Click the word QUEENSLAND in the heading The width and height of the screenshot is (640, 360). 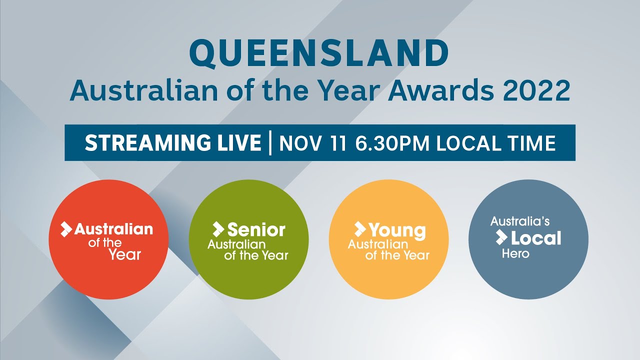click(319, 53)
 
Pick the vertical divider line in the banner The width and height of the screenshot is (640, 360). click(270, 143)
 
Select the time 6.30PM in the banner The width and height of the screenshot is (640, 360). click(393, 143)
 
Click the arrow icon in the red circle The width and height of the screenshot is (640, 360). click(66, 229)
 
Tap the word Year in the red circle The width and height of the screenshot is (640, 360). click(125, 254)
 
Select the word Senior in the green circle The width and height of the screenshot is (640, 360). click(256, 229)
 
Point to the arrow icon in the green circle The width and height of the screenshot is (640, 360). click(218, 229)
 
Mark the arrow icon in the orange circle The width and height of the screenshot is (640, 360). click(359, 229)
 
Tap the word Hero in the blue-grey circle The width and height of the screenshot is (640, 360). click(515, 253)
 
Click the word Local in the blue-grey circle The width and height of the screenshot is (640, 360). click(536, 238)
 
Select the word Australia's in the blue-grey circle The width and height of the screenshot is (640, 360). click(520, 221)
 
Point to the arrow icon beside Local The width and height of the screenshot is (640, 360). click(501, 238)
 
